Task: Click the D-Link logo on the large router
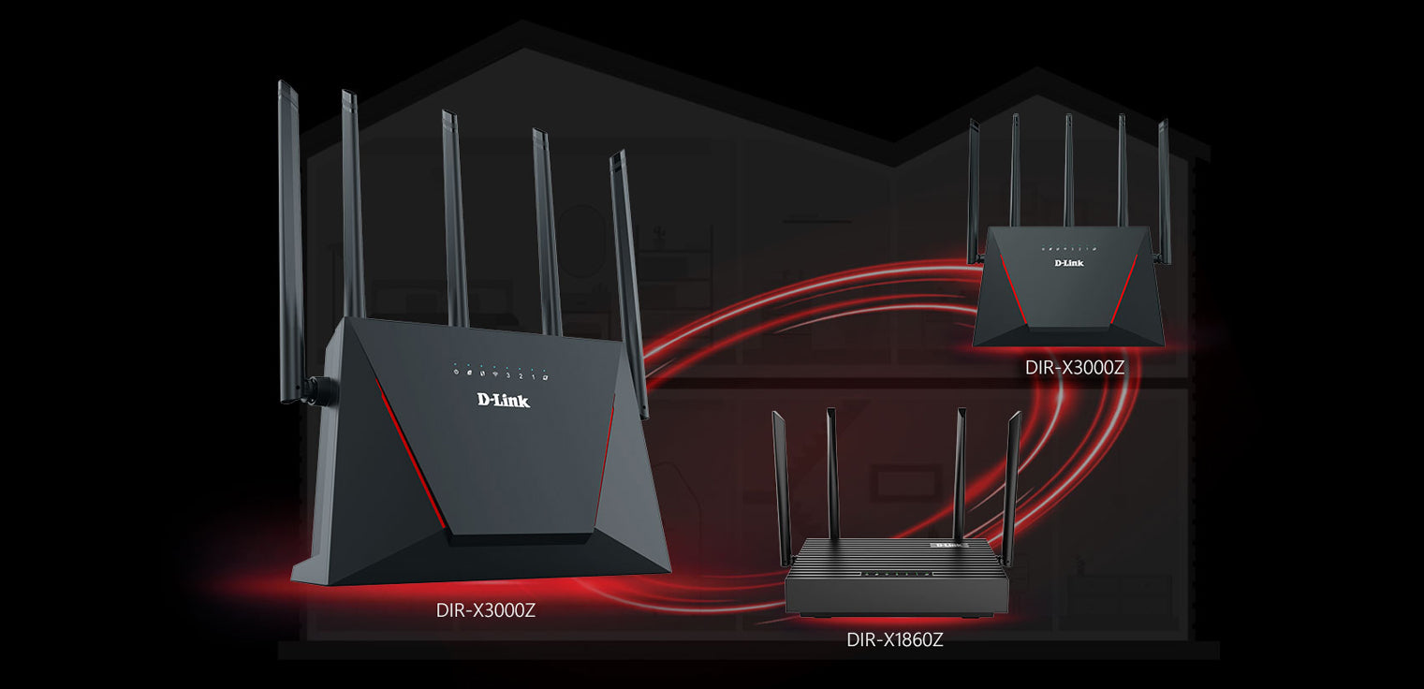pyautogui.click(x=504, y=400)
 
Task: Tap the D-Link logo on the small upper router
pyautogui.click(x=1069, y=263)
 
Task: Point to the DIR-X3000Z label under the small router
pyautogui.click(x=1075, y=368)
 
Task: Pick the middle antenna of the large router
pyautogui.click(x=455, y=215)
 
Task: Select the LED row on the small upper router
pyautogui.click(x=1068, y=250)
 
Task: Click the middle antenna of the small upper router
pyautogui.click(x=1068, y=169)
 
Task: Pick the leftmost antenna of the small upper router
pyautogui.click(x=974, y=187)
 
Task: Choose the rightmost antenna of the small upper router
pyautogui.click(x=1165, y=187)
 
